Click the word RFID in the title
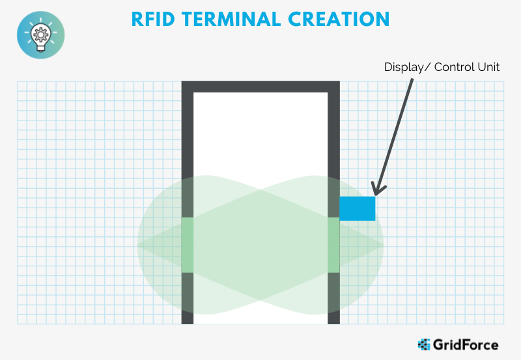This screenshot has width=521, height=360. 153,20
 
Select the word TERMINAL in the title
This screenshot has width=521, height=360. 231,20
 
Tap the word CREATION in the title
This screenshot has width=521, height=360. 339,20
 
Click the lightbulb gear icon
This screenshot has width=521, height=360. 41,35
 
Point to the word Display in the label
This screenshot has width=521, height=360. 404,68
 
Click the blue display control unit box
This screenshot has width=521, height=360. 357,208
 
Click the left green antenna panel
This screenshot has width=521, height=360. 188,245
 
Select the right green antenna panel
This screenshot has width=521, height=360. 333,245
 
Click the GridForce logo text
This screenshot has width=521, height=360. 466,345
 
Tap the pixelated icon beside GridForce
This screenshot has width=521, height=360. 424,345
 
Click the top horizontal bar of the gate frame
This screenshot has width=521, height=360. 260,87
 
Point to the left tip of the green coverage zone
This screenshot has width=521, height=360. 137,245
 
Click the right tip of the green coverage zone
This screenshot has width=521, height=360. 384,245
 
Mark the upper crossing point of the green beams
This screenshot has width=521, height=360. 260,190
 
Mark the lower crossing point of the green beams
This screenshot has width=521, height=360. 260,301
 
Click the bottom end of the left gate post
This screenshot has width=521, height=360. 188,324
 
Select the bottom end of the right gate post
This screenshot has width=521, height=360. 333,324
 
